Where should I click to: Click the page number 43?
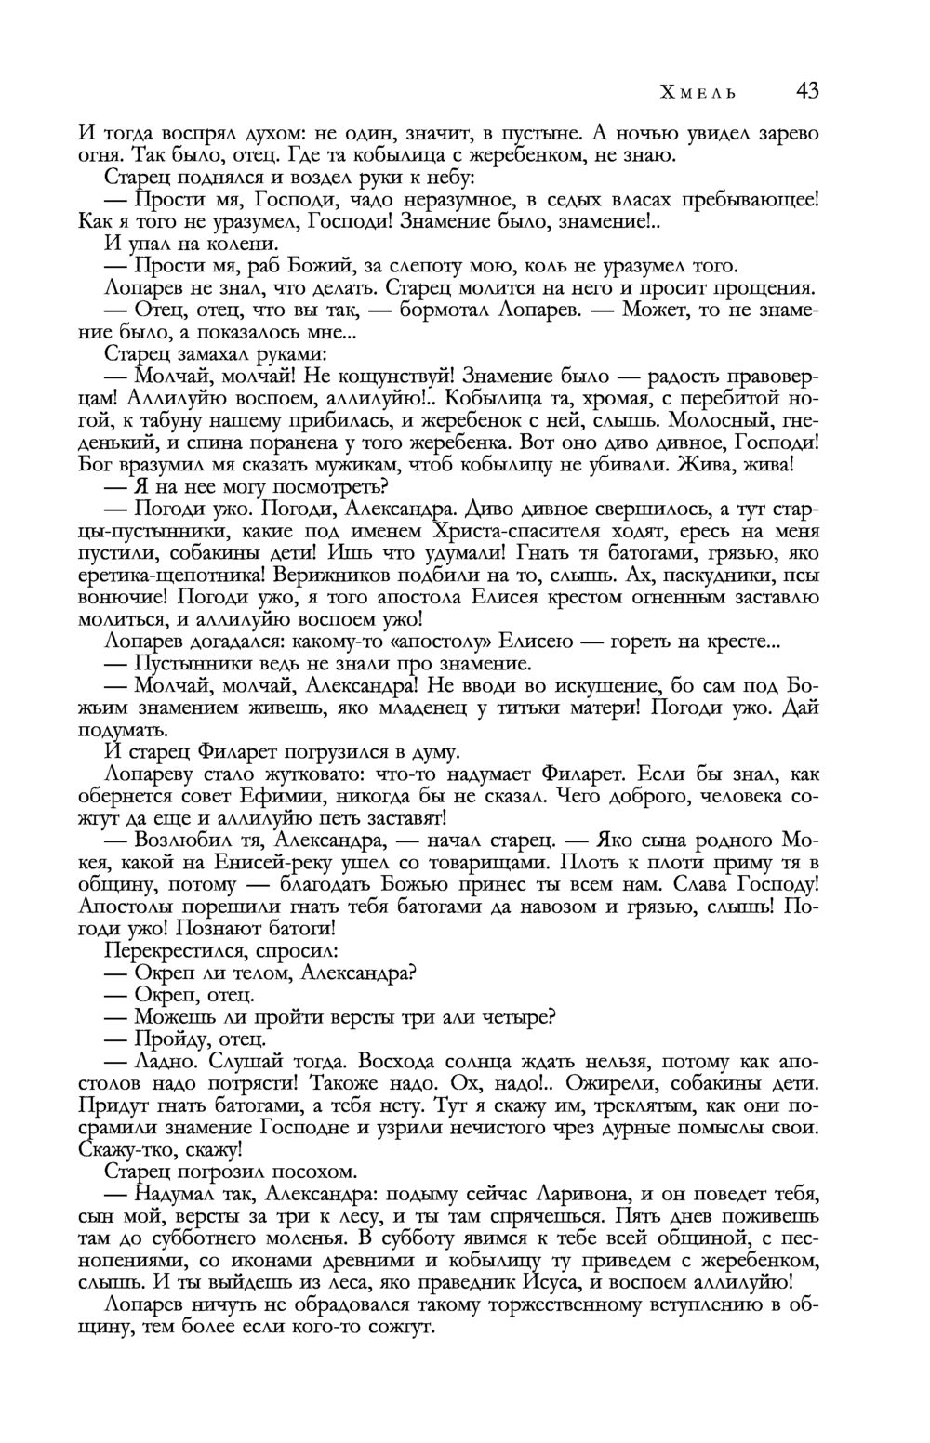coord(807,91)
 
